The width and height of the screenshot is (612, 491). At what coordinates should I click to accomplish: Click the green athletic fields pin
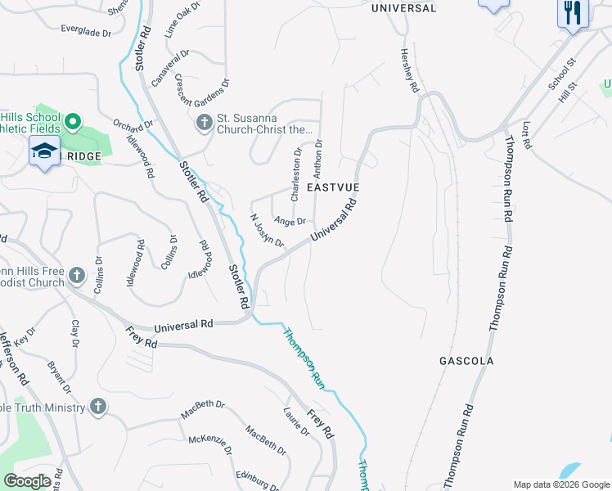click(x=72, y=124)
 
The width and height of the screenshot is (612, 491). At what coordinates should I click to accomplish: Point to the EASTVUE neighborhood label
click(x=333, y=187)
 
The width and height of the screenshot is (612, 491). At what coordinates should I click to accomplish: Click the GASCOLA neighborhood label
click(x=466, y=360)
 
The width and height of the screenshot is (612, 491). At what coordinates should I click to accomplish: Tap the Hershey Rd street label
click(x=409, y=70)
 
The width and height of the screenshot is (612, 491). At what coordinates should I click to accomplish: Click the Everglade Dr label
click(x=85, y=31)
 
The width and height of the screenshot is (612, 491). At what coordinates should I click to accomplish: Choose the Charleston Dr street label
click(x=296, y=173)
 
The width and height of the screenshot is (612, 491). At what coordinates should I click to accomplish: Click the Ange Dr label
click(x=290, y=221)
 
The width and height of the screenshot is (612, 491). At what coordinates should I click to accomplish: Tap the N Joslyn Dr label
click(x=267, y=232)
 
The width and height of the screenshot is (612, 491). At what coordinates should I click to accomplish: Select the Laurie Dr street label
click(x=294, y=421)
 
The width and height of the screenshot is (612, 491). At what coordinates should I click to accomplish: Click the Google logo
click(x=28, y=481)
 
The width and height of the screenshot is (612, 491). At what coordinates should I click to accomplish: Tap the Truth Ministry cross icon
click(x=97, y=408)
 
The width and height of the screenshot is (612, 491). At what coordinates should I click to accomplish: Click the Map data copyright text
click(x=561, y=484)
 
